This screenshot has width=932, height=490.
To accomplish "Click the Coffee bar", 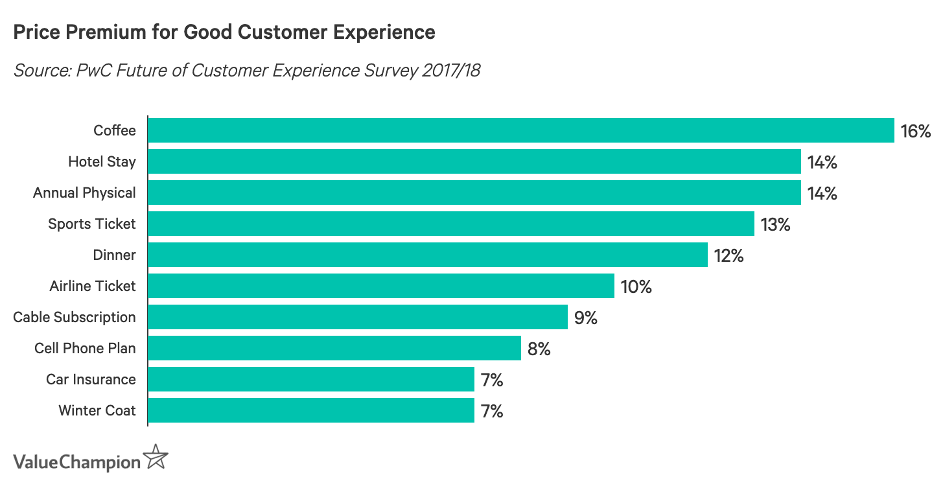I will (521, 130).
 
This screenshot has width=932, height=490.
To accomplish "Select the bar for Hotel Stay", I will (474, 161).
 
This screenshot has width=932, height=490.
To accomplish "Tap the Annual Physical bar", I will (474, 192).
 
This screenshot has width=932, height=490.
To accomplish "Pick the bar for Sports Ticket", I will (451, 224).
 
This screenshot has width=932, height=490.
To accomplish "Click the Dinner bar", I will (428, 255).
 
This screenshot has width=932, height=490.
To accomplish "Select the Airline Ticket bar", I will (381, 286).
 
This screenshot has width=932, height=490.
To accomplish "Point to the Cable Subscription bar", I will (358, 317).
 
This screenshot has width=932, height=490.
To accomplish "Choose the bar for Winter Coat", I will (311, 410).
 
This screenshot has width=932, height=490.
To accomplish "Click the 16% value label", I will (915, 131).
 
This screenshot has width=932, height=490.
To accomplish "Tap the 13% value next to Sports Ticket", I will (775, 224).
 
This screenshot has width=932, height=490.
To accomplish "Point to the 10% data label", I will (636, 286).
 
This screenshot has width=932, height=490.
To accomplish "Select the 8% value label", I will (539, 349).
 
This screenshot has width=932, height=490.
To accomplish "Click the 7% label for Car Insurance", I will (492, 380).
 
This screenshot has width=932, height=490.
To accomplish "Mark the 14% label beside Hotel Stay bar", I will (822, 162).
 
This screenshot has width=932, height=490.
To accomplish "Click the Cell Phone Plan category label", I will (85, 349).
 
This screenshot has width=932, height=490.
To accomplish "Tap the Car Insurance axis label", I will (91, 380).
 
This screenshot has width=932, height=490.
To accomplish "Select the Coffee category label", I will (115, 131).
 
